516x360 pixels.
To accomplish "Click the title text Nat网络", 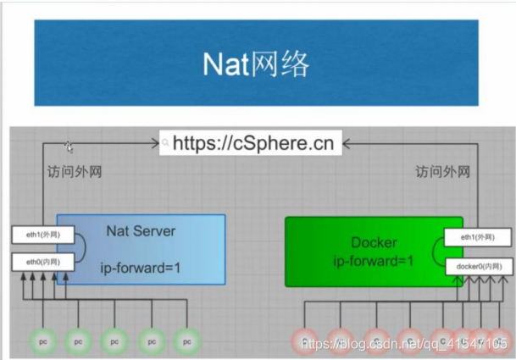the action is tap(255, 64).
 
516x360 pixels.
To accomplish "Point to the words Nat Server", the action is tap(141, 230).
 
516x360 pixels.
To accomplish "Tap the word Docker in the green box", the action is tap(374, 242).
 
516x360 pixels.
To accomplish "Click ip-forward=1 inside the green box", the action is tap(374, 260).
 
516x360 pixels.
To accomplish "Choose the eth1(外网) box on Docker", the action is tap(478, 239).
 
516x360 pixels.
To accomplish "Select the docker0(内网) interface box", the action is tap(478, 267).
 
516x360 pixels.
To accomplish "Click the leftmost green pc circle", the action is tap(42, 341).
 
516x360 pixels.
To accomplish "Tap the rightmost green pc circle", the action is tap(186, 341).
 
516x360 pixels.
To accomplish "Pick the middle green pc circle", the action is tap(114, 341).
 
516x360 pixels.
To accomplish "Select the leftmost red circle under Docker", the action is tap(307, 341).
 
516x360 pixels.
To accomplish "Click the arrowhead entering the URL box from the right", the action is tap(347, 143).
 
